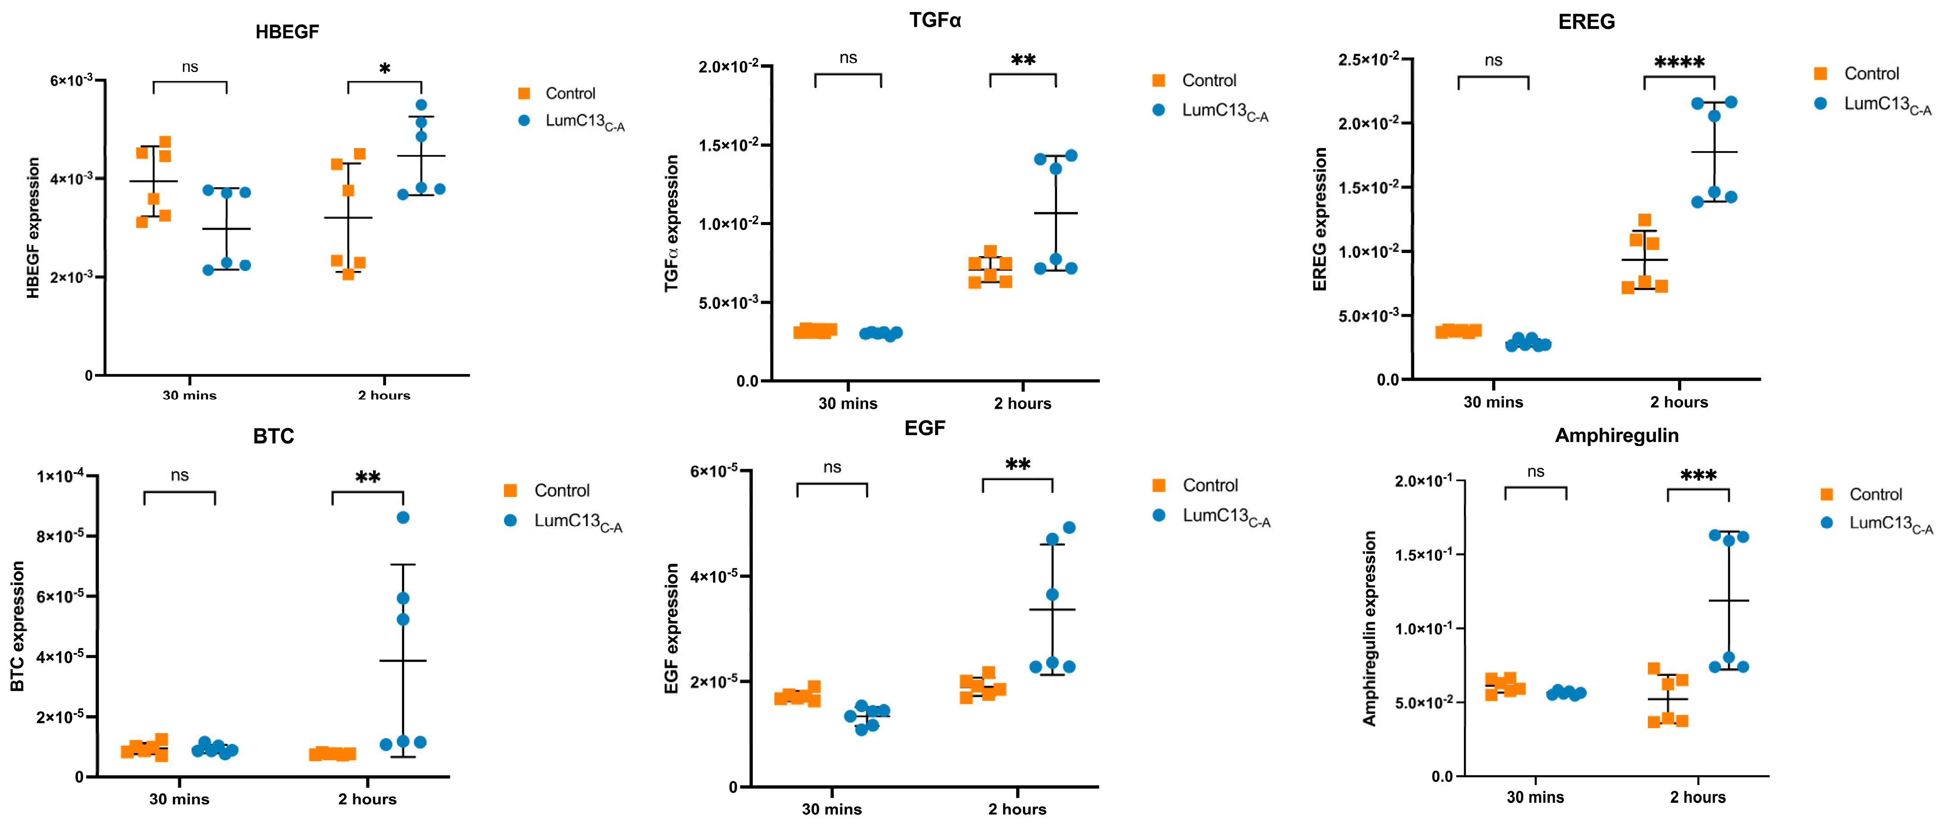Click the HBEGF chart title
point(287,32)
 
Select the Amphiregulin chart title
point(1616,436)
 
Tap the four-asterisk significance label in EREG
point(1679,63)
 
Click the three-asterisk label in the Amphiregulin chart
point(1698,476)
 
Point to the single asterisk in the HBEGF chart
point(385,69)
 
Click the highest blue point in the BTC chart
point(403,517)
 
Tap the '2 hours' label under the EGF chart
point(1017,809)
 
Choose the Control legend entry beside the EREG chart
point(1871,73)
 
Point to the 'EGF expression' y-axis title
point(671,628)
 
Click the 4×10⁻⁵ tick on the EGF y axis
point(713,577)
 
